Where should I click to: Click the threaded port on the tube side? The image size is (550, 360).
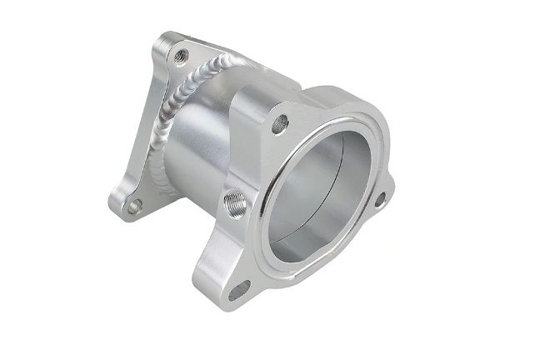[234, 201]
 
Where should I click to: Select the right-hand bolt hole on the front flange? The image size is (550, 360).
[379, 199]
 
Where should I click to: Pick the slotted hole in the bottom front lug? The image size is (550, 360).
[239, 290]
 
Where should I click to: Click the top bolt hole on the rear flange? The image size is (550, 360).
[180, 57]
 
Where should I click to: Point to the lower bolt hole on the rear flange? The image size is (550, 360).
[134, 204]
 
